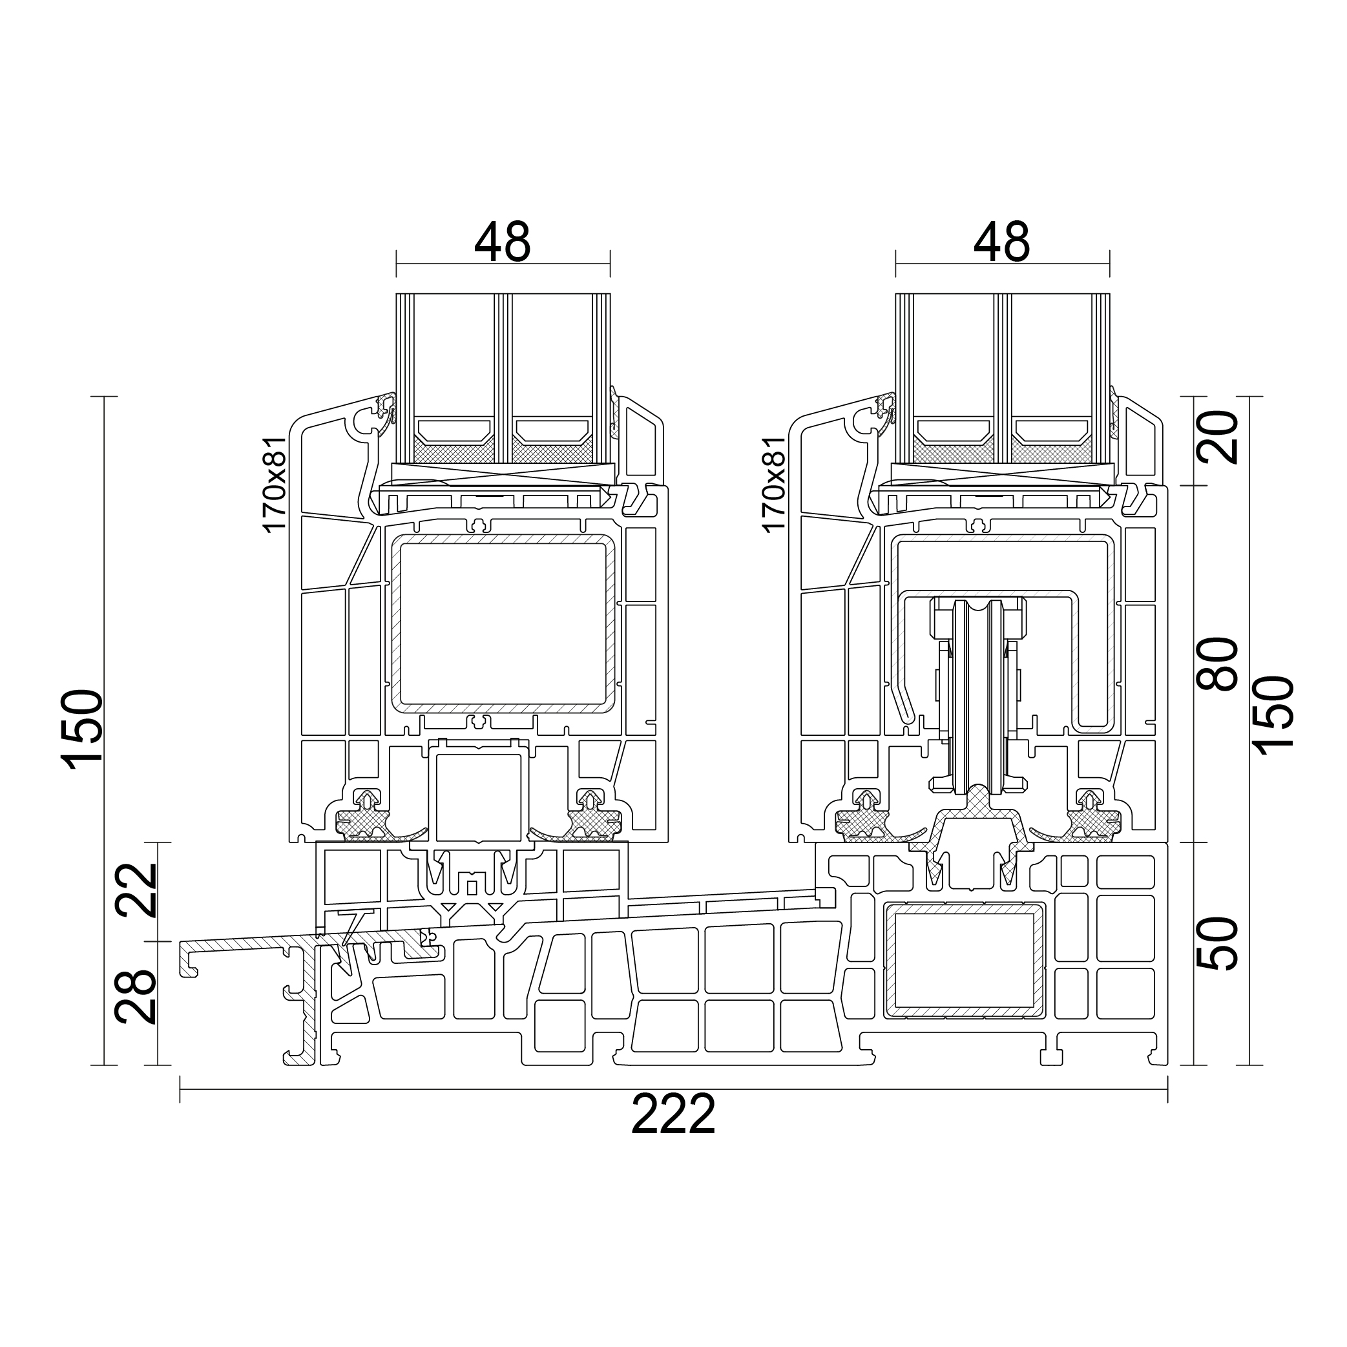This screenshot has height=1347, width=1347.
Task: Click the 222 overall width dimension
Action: [673, 1115]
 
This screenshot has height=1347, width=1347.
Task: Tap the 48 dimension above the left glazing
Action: [502, 242]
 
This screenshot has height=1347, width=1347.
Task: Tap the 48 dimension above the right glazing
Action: [1001, 242]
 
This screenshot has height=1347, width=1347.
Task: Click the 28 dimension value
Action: [135, 996]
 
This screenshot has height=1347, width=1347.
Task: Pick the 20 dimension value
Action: [1217, 437]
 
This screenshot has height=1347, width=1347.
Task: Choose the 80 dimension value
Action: [1217, 663]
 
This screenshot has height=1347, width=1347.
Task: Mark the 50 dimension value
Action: [1217, 943]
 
